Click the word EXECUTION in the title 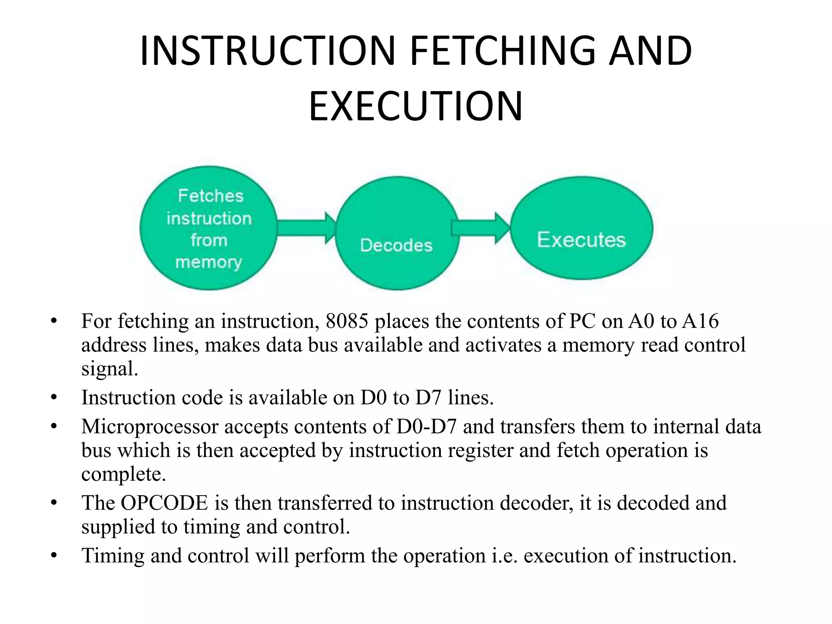pyautogui.click(x=416, y=106)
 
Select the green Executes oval pyautogui.click(x=581, y=228)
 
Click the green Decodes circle pyautogui.click(x=397, y=233)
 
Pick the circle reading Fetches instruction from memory pyautogui.click(x=209, y=228)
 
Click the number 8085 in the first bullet pyautogui.click(x=347, y=321)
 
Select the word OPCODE pyautogui.click(x=164, y=503)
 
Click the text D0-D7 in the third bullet pyautogui.click(x=427, y=427)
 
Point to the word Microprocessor pyautogui.click(x=150, y=427)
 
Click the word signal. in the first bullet pyautogui.click(x=110, y=369)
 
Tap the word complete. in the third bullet pyautogui.click(x=123, y=474)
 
